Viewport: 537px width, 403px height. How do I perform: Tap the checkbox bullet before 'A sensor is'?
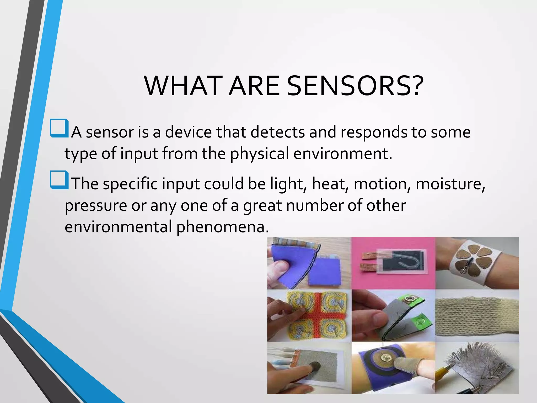(59, 128)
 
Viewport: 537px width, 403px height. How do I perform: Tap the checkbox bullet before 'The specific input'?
(59, 180)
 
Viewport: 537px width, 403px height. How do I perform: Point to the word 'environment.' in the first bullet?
(343, 153)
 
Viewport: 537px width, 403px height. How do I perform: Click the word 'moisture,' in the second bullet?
(450, 184)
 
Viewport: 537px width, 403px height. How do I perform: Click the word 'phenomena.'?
(222, 227)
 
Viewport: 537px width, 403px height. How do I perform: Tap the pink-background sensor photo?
(393, 263)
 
